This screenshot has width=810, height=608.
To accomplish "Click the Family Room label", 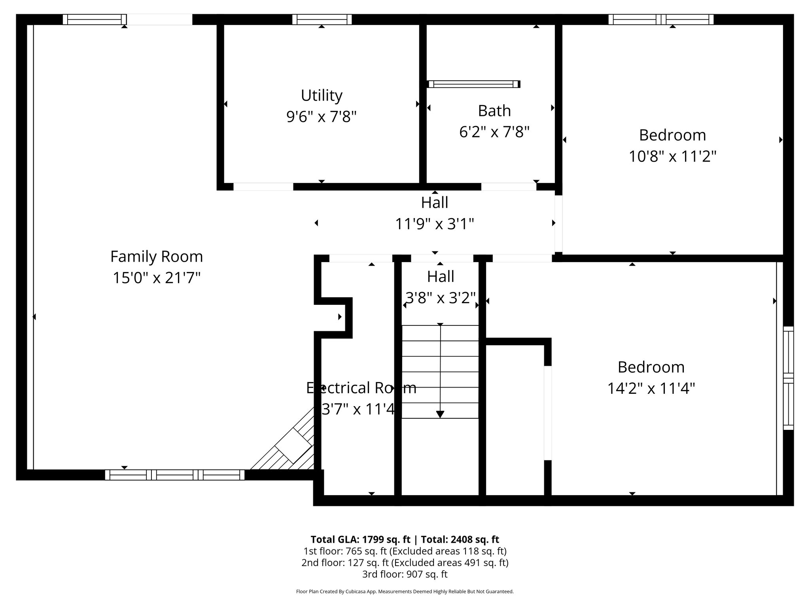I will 156,256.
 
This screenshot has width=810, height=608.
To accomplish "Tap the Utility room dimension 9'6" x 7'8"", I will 322,117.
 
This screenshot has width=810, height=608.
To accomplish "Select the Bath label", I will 494,111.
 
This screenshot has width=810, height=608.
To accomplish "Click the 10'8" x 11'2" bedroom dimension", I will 672,156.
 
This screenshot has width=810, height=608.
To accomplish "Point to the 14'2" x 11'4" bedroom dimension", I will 651,388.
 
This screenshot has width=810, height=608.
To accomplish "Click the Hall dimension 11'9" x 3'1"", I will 434,224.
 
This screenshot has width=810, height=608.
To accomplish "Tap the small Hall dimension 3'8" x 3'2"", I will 440,298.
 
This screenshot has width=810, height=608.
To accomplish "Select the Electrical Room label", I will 361,388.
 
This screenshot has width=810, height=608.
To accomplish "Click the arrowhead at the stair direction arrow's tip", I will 440,414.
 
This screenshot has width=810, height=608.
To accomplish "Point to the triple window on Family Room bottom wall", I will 174,475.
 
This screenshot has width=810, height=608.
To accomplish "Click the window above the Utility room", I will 322,19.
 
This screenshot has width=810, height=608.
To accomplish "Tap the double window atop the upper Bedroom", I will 660,19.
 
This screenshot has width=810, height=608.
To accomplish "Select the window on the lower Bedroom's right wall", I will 788,378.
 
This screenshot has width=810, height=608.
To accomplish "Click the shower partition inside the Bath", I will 473,84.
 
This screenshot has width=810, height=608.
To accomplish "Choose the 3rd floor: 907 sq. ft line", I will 405,574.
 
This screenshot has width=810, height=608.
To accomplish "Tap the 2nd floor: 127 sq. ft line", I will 405,562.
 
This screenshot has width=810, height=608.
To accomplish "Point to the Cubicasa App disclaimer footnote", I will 405,592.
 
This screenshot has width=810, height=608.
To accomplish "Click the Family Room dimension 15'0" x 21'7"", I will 156,278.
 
